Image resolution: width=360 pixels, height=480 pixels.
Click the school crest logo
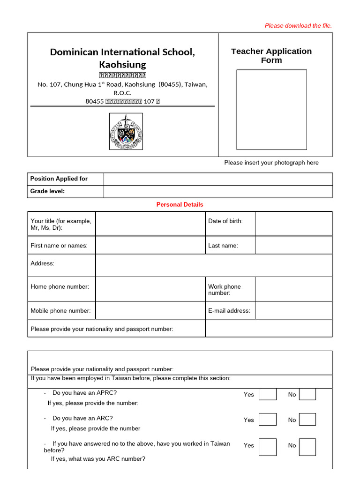click(x=126, y=132)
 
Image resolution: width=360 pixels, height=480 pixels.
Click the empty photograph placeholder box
click(x=271, y=109)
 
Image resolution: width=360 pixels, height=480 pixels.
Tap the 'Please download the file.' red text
click(x=298, y=26)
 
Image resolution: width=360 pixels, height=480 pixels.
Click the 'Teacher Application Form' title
click(x=271, y=55)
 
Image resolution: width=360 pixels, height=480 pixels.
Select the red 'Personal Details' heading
click(x=180, y=205)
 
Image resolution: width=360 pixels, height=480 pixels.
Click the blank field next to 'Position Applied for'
click(x=218, y=179)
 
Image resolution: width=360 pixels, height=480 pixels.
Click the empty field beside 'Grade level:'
click(x=218, y=191)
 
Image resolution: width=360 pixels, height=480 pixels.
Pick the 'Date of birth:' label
click(x=225, y=221)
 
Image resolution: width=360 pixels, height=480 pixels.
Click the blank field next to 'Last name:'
click(x=293, y=245)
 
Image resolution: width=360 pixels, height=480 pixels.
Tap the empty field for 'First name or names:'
click(x=150, y=245)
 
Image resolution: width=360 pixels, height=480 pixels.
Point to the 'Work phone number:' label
click(x=225, y=290)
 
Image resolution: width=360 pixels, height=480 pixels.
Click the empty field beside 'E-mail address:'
click(x=293, y=310)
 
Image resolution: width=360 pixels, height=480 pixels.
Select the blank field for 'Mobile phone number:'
click(x=150, y=310)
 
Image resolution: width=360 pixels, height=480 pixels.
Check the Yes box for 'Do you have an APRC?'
click(x=268, y=394)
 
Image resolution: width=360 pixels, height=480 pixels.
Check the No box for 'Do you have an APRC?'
click(x=307, y=394)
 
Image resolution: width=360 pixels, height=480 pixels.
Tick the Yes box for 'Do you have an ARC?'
click(x=268, y=420)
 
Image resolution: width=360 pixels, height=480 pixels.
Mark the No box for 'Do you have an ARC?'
click(x=307, y=420)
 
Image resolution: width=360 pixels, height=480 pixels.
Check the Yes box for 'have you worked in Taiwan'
click(x=268, y=447)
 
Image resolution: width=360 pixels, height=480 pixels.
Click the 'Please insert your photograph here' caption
click(x=271, y=163)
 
